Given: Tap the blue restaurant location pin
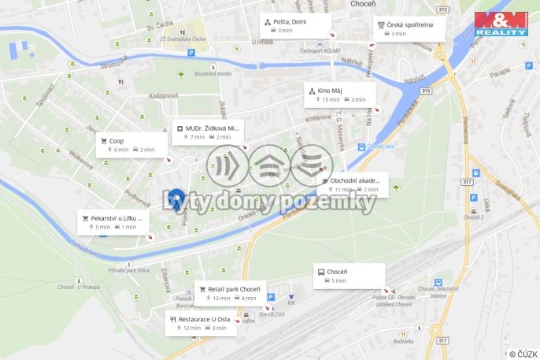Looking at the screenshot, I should pyautogui.click(x=176, y=199).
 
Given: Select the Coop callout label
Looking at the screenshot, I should pyautogui.click(x=131, y=145).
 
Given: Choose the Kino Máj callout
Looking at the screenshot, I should pyautogui.click(x=340, y=95).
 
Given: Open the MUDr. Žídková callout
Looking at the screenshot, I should pyautogui.click(x=209, y=132).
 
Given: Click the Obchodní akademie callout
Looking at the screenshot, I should pyautogui.click(x=354, y=184).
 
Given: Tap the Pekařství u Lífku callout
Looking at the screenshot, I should pyautogui.click(x=113, y=222).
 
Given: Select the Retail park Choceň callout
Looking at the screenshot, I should pyautogui.click(x=230, y=293).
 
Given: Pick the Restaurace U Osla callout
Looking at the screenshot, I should pyautogui.click(x=201, y=323).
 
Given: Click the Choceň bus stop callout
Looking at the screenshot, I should pyautogui.click(x=350, y=276).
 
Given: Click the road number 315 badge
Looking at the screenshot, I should pyautogui.click(x=426, y=91).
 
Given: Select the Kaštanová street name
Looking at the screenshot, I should pyautogui.click(x=163, y=95).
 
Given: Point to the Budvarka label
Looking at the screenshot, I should pyautogui.click(x=403, y=340).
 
